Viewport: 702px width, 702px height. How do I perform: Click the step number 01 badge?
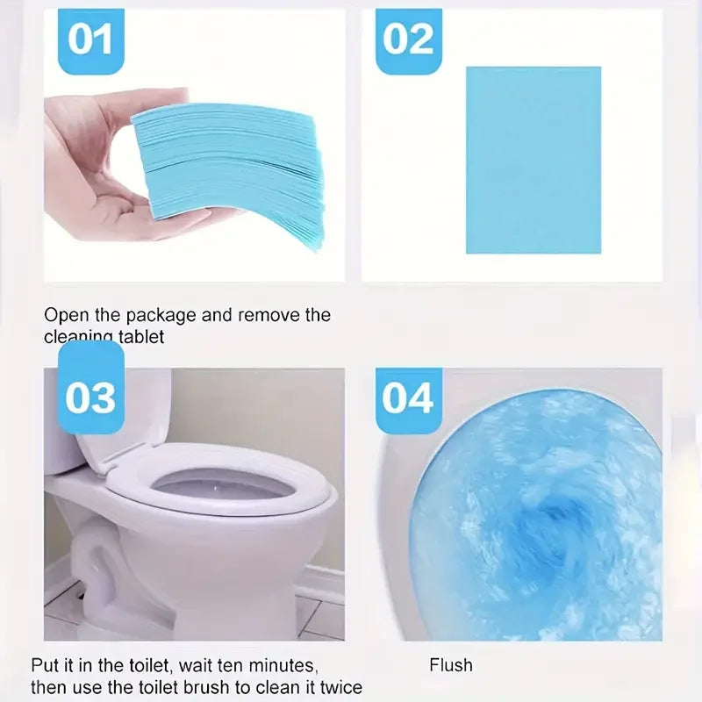(x=91, y=40)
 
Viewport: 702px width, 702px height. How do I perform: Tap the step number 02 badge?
(x=409, y=40)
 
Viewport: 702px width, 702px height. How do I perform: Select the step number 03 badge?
(x=90, y=398)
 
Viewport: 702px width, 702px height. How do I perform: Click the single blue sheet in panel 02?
(x=533, y=160)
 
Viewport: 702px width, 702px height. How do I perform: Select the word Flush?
(x=451, y=665)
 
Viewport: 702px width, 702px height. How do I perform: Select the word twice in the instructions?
(x=339, y=687)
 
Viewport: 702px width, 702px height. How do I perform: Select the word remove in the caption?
(x=268, y=315)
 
